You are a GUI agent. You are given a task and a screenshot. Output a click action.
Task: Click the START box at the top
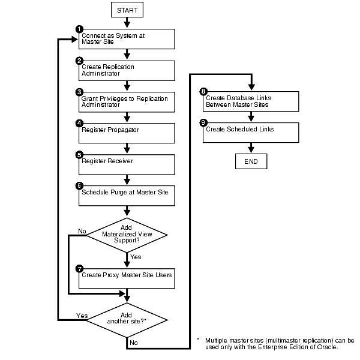pos(127,10)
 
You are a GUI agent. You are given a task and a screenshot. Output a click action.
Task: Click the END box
pos(251,162)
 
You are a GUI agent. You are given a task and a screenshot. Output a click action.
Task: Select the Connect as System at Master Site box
pos(127,38)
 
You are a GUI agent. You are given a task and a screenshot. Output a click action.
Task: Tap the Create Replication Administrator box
pos(127,70)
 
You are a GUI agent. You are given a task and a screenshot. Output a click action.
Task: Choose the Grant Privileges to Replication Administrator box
pos(127,101)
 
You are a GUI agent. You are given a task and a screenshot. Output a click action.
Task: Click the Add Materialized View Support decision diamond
pos(127,235)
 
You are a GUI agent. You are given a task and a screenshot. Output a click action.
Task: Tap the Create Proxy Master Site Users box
pos(127,277)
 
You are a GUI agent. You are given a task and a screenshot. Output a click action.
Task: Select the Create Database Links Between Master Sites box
pos(251,101)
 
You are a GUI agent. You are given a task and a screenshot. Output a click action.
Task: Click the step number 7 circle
pos(79,268)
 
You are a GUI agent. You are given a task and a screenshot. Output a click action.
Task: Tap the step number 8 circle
pos(203,92)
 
